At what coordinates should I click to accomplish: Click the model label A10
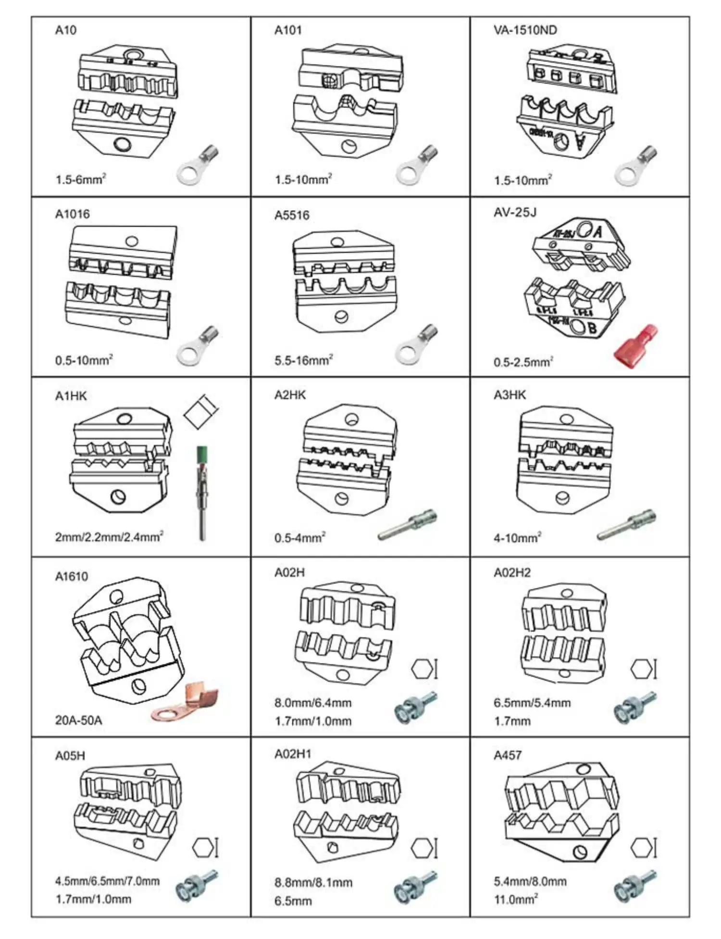66,30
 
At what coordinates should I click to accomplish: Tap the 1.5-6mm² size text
80,180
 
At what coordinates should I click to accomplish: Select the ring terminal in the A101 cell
416,165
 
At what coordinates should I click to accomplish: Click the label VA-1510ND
525,30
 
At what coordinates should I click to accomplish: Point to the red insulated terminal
635,347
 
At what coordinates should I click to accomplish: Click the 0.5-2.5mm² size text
523,362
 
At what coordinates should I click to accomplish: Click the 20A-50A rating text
78,720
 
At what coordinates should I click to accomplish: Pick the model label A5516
292,215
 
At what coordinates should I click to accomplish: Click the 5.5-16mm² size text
303,360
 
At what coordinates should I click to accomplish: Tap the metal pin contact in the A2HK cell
408,524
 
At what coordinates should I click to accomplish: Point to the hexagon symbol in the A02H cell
422,669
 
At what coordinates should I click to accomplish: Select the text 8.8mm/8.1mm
313,883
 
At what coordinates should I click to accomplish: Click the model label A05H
70,756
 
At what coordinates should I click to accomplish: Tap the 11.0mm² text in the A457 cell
516,899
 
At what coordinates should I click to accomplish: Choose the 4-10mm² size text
517,538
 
